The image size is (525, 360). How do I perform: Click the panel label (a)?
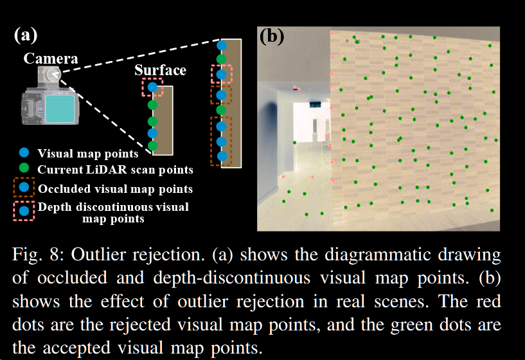[x=26, y=35]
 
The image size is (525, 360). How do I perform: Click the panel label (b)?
[x=271, y=37]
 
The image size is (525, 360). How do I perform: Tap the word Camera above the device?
[x=51, y=59]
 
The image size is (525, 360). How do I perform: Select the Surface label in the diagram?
[x=161, y=70]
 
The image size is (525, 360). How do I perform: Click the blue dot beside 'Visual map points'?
[x=24, y=153]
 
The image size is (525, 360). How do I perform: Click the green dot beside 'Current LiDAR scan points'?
[x=24, y=169]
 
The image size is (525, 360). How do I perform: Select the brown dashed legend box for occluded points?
[x=24, y=188]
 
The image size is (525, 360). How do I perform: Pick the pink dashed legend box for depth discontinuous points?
[x=24, y=211]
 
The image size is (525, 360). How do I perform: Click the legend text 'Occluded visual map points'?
[x=115, y=189]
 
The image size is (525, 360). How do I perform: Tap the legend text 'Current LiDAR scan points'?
[x=115, y=170]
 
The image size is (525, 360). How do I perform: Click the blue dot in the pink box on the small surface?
[x=152, y=86]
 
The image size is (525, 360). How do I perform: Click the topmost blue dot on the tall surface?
[x=222, y=46]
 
